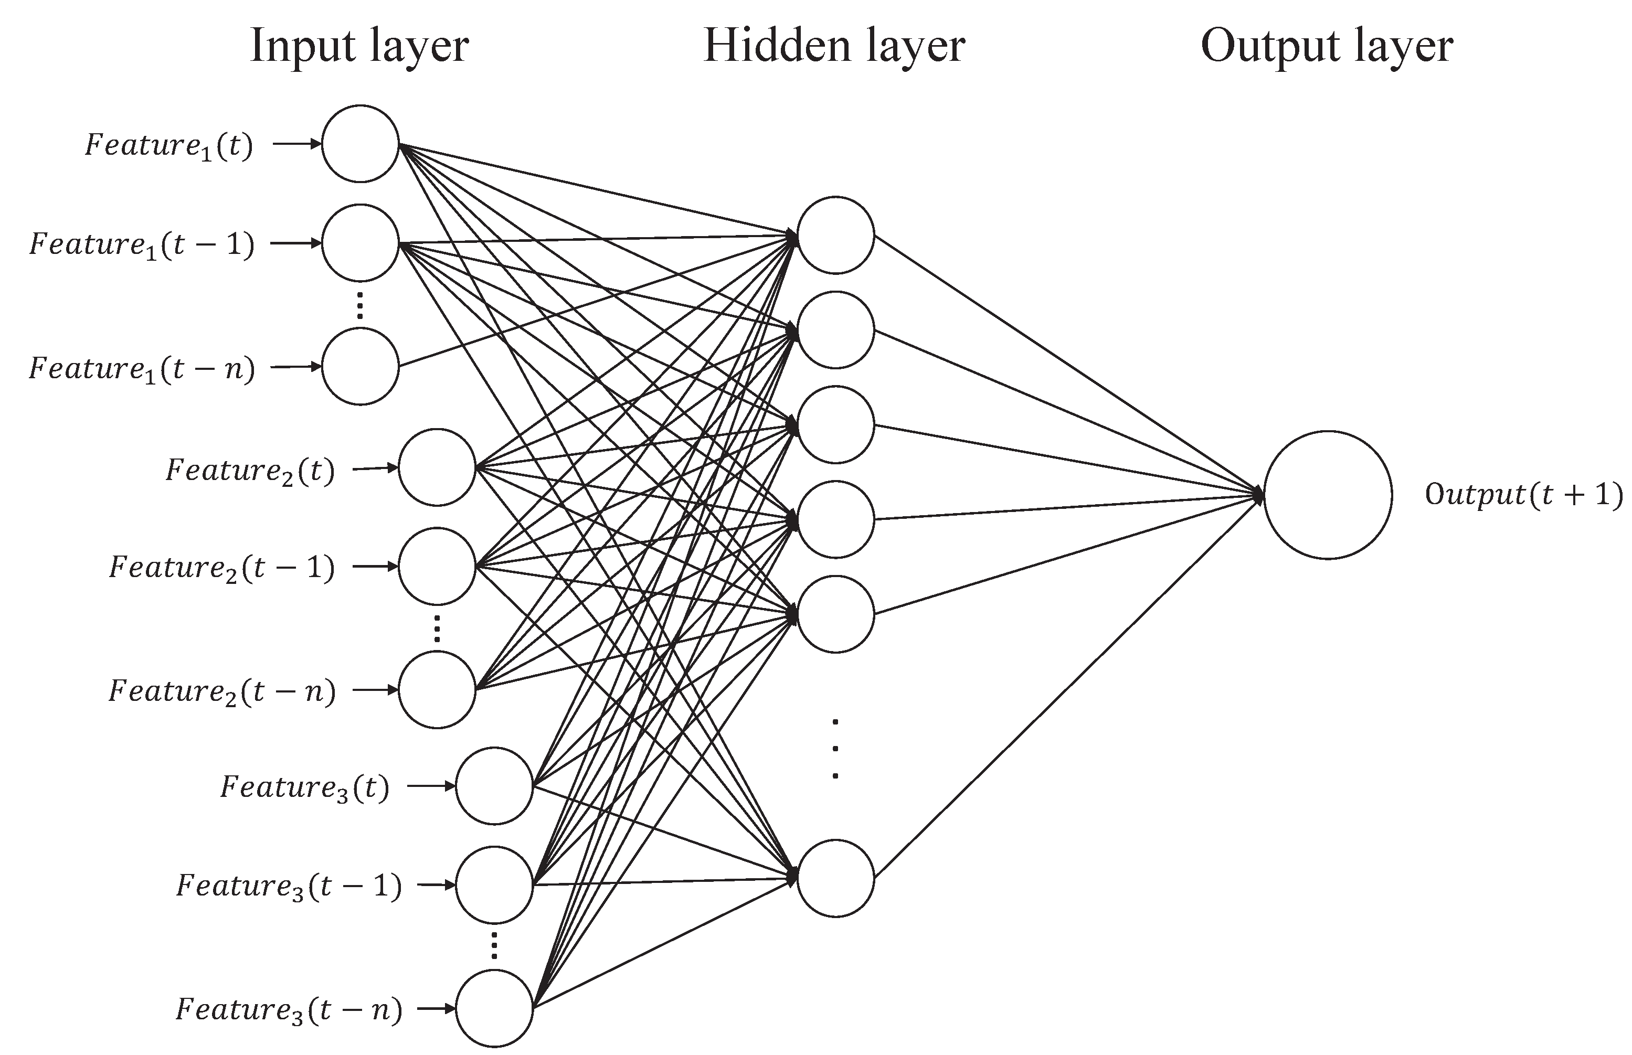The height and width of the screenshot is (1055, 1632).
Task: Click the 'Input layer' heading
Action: (x=359, y=47)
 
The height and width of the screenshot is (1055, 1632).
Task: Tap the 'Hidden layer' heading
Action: (x=834, y=47)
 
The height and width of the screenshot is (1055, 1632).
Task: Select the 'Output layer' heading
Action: (x=1327, y=47)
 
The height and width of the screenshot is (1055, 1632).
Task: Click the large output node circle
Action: (x=1327, y=495)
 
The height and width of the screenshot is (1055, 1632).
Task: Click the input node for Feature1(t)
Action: (x=359, y=144)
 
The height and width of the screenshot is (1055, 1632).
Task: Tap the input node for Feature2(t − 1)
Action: (x=437, y=567)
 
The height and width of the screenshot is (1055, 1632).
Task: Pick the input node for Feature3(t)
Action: (x=494, y=786)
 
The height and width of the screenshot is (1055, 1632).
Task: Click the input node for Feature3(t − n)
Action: (x=494, y=1008)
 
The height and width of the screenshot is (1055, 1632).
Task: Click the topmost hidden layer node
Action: (x=835, y=235)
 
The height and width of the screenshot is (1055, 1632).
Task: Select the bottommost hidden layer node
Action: (x=835, y=878)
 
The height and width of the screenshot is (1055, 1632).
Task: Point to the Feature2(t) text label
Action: (x=250, y=471)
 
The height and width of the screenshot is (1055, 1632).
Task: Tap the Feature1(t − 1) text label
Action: (x=141, y=244)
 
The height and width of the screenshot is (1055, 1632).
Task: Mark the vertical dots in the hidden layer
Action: (x=834, y=749)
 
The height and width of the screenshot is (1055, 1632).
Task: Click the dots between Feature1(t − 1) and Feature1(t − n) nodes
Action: (x=359, y=305)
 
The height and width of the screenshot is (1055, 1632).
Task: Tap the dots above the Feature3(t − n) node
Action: (x=494, y=945)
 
